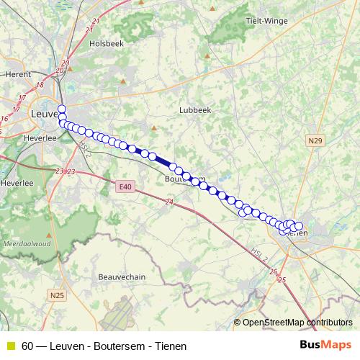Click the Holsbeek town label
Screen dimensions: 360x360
[x=102, y=43]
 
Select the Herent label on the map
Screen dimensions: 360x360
[x=17, y=74]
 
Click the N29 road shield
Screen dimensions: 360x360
[x=313, y=141]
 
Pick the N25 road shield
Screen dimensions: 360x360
[x=58, y=295]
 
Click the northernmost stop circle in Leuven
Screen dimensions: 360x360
[x=62, y=109]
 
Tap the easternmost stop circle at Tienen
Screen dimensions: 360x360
[x=299, y=227]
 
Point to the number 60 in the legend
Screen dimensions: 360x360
[x=27, y=346]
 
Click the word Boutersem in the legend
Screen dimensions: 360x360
[x=115, y=346]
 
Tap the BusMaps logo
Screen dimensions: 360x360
[x=325, y=346]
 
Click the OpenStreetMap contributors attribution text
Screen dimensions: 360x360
[x=297, y=323]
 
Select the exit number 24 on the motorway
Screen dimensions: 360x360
[x=169, y=204]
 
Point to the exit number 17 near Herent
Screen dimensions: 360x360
[x=22, y=98]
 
